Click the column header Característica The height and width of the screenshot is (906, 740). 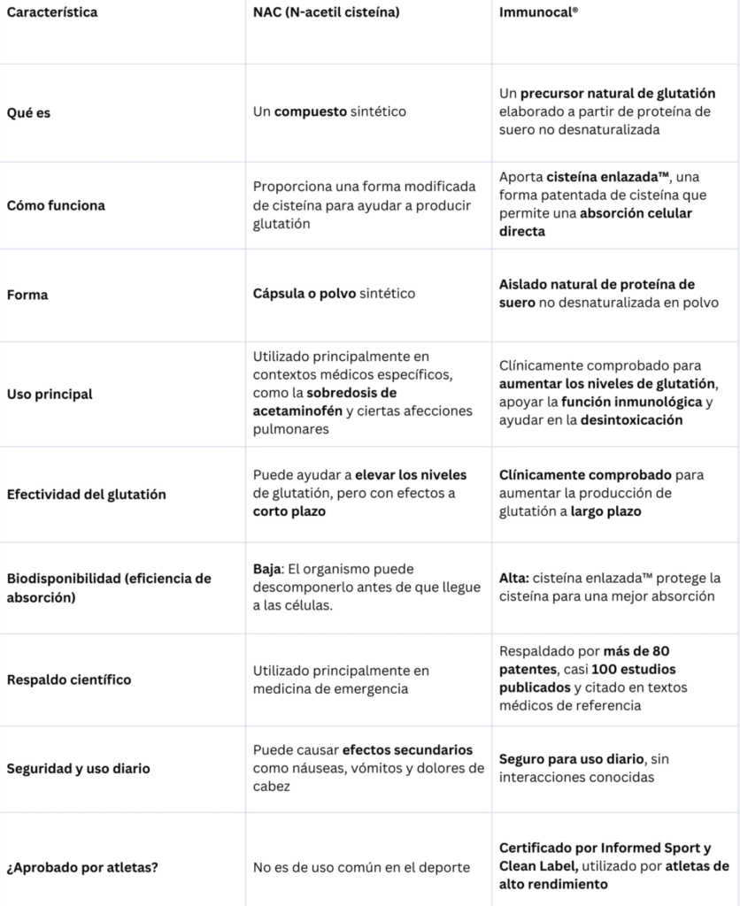[52, 13]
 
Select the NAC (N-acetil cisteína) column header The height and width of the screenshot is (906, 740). [325, 13]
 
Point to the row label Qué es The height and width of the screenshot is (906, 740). [28, 113]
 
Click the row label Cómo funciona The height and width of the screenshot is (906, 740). [56, 205]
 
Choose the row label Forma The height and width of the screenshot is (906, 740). [27, 295]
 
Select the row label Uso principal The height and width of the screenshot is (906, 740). [50, 394]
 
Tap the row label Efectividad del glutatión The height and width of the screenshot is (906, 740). [87, 495]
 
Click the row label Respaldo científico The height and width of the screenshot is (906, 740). [69, 679]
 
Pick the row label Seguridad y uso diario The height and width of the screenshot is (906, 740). [79, 769]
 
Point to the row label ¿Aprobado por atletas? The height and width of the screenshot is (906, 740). [77, 866]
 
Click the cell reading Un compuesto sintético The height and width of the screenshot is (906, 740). [329, 112]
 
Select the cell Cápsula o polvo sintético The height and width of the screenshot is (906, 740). [334, 293]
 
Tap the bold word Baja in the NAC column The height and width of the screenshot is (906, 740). [267, 570]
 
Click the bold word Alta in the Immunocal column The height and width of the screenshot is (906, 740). [513, 578]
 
